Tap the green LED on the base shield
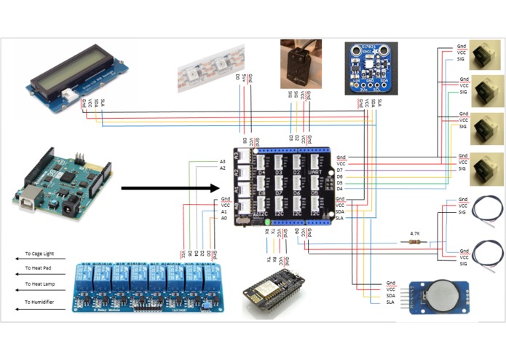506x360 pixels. tap(268, 222)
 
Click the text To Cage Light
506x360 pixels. tap(39, 254)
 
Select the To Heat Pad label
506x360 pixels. tap(38, 269)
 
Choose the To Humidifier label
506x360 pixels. tap(39, 301)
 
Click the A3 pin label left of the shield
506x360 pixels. tap(223, 161)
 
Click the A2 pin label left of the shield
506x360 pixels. tap(223, 168)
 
